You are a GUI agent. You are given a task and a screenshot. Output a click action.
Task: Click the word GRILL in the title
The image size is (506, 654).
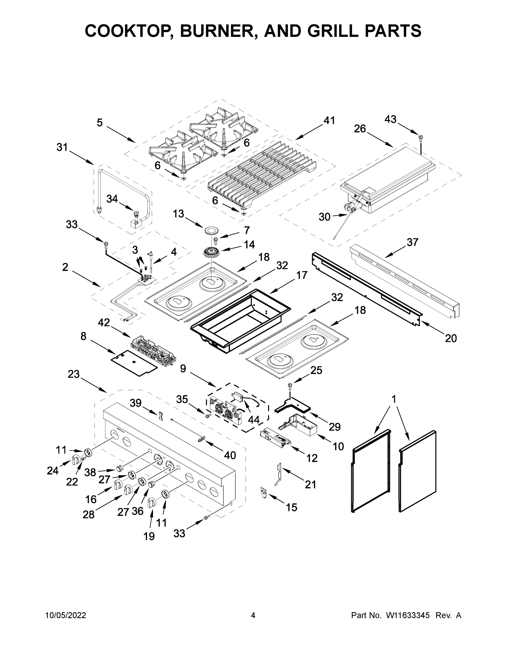point(333,31)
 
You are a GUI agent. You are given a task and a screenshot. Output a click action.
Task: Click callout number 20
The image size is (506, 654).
point(451,338)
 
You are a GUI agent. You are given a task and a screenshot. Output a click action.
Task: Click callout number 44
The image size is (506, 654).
point(254,420)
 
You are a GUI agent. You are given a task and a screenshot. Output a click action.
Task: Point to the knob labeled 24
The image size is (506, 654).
point(76,459)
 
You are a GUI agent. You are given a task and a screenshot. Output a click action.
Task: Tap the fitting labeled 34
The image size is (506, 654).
point(136,214)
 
